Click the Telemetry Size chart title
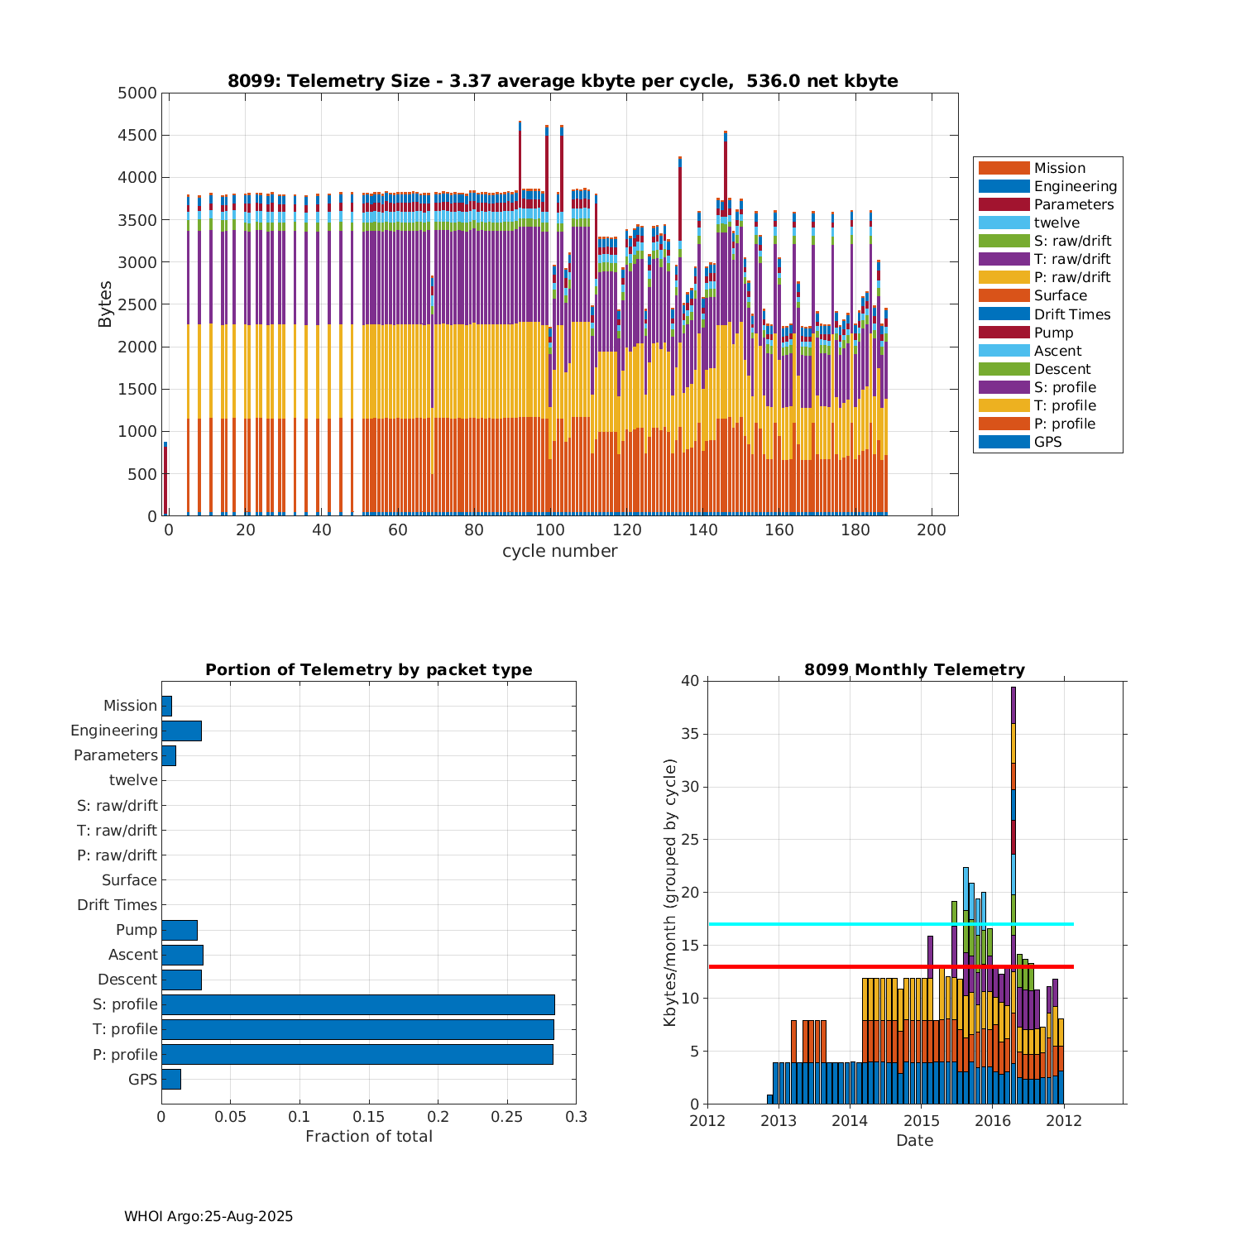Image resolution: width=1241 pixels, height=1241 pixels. (x=563, y=81)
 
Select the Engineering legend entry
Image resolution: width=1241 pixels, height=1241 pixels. (x=1075, y=186)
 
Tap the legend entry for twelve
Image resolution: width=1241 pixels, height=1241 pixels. (x=1057, y=223)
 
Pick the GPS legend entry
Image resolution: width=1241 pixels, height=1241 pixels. (x=1047, y=442)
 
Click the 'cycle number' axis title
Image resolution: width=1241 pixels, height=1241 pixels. (x=559, y=551)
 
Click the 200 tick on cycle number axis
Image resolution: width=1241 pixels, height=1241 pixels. (x=932, y=530)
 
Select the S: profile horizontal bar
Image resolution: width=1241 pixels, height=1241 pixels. (x=357, y=1004)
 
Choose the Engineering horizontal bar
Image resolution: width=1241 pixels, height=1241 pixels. (x=181, y=731)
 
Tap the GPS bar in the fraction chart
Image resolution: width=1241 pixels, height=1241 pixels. (x=171, y=1079)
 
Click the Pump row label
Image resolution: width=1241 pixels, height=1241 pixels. (x=137, y=930)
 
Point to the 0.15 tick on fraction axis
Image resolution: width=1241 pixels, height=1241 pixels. (x=369, y=1117)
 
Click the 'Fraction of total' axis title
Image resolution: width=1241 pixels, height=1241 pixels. (x=369, y=1137)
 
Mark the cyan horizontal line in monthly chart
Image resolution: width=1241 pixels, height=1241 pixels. (x=827, y=924)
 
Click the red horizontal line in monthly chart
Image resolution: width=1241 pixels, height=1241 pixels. (x=827, y=966)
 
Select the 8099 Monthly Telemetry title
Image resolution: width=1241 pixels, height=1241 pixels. (x=914, y=670)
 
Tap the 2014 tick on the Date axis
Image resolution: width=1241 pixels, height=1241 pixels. (x=850, y=1122)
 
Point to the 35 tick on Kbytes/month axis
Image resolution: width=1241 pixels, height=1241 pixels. (x=690, y=734)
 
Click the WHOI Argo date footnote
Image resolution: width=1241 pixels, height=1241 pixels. (x=208, y=1216)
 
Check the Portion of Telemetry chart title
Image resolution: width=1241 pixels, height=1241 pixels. (x=369, y=670)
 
